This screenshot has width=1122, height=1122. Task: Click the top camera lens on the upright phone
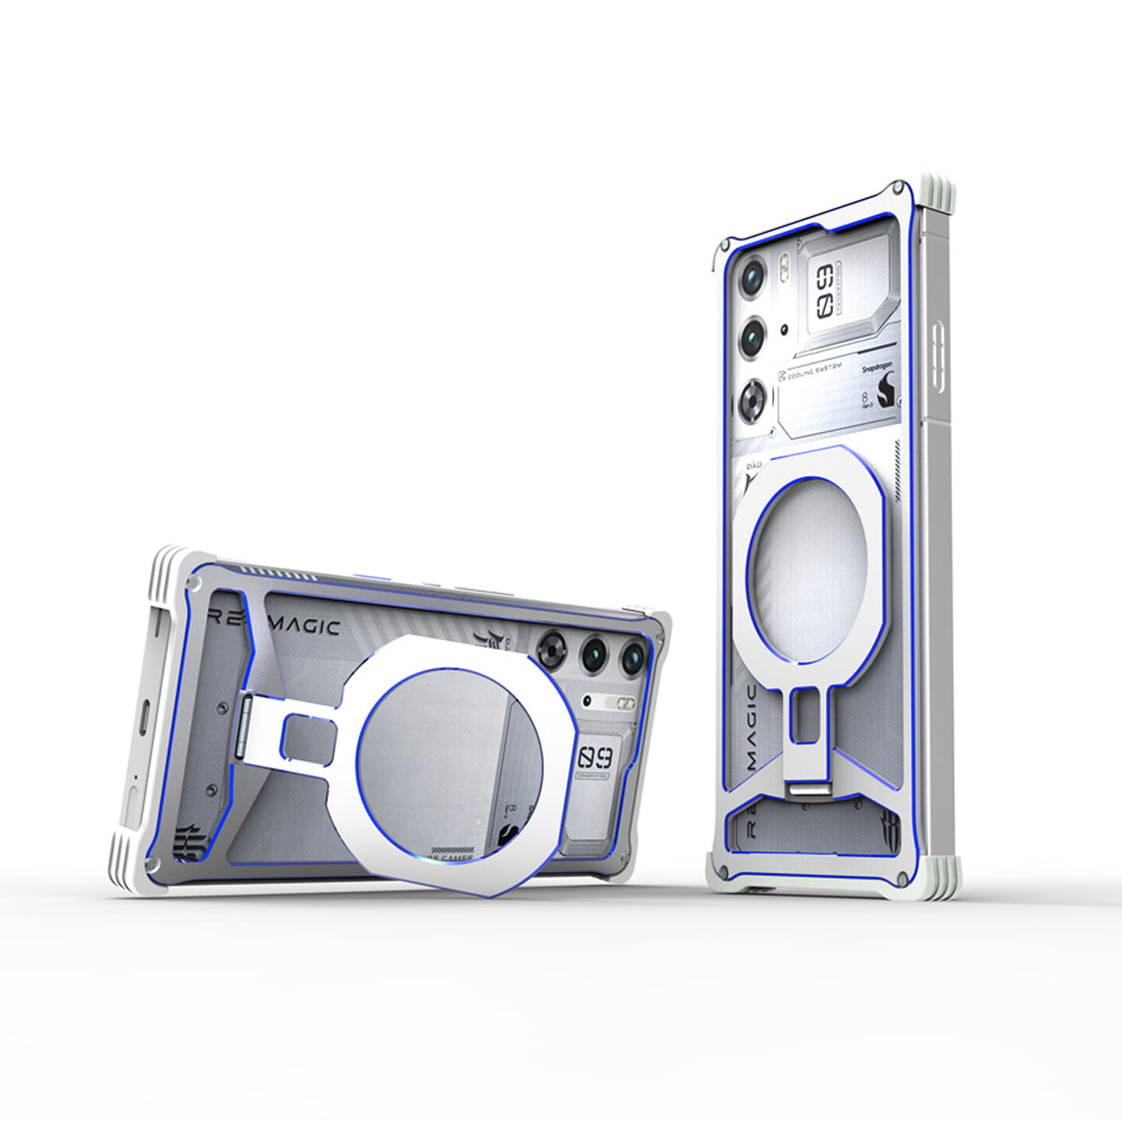754,275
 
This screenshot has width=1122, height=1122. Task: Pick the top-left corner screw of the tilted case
194,583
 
